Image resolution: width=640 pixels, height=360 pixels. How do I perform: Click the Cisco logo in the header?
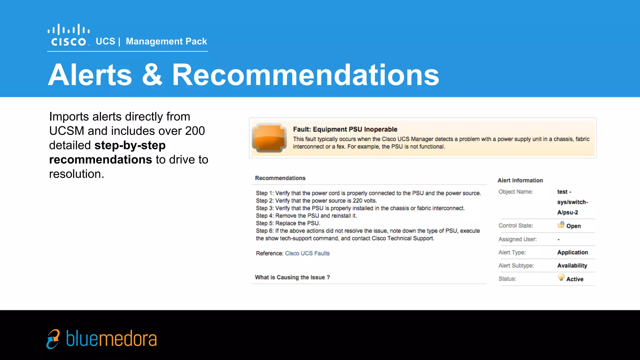[x=69, y=35]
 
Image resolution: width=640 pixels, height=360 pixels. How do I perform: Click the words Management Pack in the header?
[x=166, y=41]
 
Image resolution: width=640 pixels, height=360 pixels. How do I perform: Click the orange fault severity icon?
[x=269, y=138]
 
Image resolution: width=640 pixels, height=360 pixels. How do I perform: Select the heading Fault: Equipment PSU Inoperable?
[x=345, y=129]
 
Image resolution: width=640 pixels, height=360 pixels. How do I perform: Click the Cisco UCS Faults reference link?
[x=307, y=253]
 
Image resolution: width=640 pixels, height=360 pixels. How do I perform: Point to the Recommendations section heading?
[x=280, y=178]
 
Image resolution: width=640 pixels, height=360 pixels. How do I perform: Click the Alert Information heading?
[x=520, y=180]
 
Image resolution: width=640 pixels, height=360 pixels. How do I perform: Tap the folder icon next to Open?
[x=561, y=225]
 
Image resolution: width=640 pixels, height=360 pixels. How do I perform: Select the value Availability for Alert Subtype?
[x=572, y=266]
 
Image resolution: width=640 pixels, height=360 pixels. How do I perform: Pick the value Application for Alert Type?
[x=572, y=252]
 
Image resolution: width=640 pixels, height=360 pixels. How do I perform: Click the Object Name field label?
[x=516, y=192]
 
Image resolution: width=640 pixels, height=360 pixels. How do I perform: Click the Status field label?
[x=507, y=279]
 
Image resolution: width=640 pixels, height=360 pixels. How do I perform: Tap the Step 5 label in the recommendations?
[x=264, y=223]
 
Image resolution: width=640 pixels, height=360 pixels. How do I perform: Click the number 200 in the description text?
[x=195, y=131]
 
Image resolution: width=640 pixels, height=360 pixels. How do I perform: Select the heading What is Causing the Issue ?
[x=292, y=277]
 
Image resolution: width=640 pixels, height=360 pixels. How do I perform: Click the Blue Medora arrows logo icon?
[x=53, y=339]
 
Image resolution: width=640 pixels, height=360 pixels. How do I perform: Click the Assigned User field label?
[x=517, y=239]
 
